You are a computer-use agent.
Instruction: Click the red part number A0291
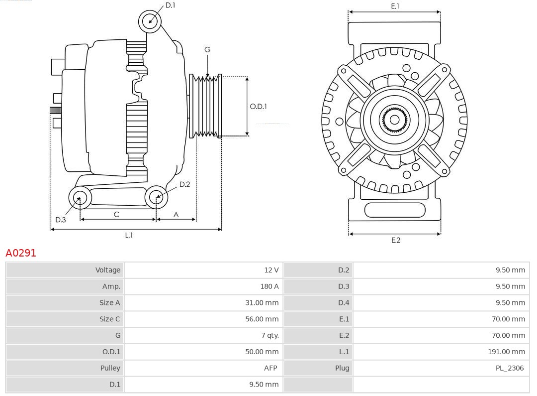pyautogui.click(x=21, y=253)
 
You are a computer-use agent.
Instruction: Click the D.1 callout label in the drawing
pyautogui.click(x=170, y=5)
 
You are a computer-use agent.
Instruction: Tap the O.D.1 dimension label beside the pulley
pyautogui.click(x=258, y=106)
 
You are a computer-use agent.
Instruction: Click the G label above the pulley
pyautogui.click(x=207, y=49)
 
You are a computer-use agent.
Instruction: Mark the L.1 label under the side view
pyautogui.click(x=129, y=235)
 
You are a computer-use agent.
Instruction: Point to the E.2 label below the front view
pyautogui.click(x=395, y=240)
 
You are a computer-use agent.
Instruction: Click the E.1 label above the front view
pyautogui.click(x=395, y=6)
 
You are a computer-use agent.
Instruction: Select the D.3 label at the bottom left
pyautogui.click(x=61, y=220)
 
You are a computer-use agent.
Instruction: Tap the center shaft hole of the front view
pyautogui.click(x=394, y=120)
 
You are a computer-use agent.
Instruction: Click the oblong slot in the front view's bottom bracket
pyautogui.click(x=395, y=210)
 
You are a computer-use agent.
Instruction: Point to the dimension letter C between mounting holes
pyautogui.click(x=116, y=214)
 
